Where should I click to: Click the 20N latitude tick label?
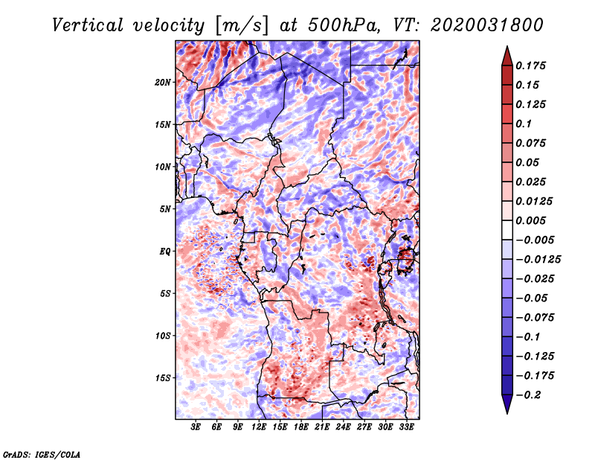163,83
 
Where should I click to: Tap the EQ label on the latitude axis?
165,252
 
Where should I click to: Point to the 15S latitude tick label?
163,378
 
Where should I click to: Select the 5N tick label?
165,209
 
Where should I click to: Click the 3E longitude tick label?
196,427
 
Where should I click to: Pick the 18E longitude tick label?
301,427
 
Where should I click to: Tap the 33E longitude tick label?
406,427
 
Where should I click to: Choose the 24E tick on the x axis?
343,427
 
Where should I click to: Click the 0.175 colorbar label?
530,66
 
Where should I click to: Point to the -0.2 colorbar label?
528,395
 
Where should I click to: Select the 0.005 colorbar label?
530,220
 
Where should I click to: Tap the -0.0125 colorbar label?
538,260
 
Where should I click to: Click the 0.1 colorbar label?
524,124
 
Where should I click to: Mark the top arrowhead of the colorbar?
507,56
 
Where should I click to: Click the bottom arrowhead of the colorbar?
507,404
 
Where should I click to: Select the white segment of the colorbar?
507,230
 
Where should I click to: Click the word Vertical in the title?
88,25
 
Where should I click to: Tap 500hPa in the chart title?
343,25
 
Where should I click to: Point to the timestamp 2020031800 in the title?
487,25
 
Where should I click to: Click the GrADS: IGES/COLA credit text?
42,455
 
